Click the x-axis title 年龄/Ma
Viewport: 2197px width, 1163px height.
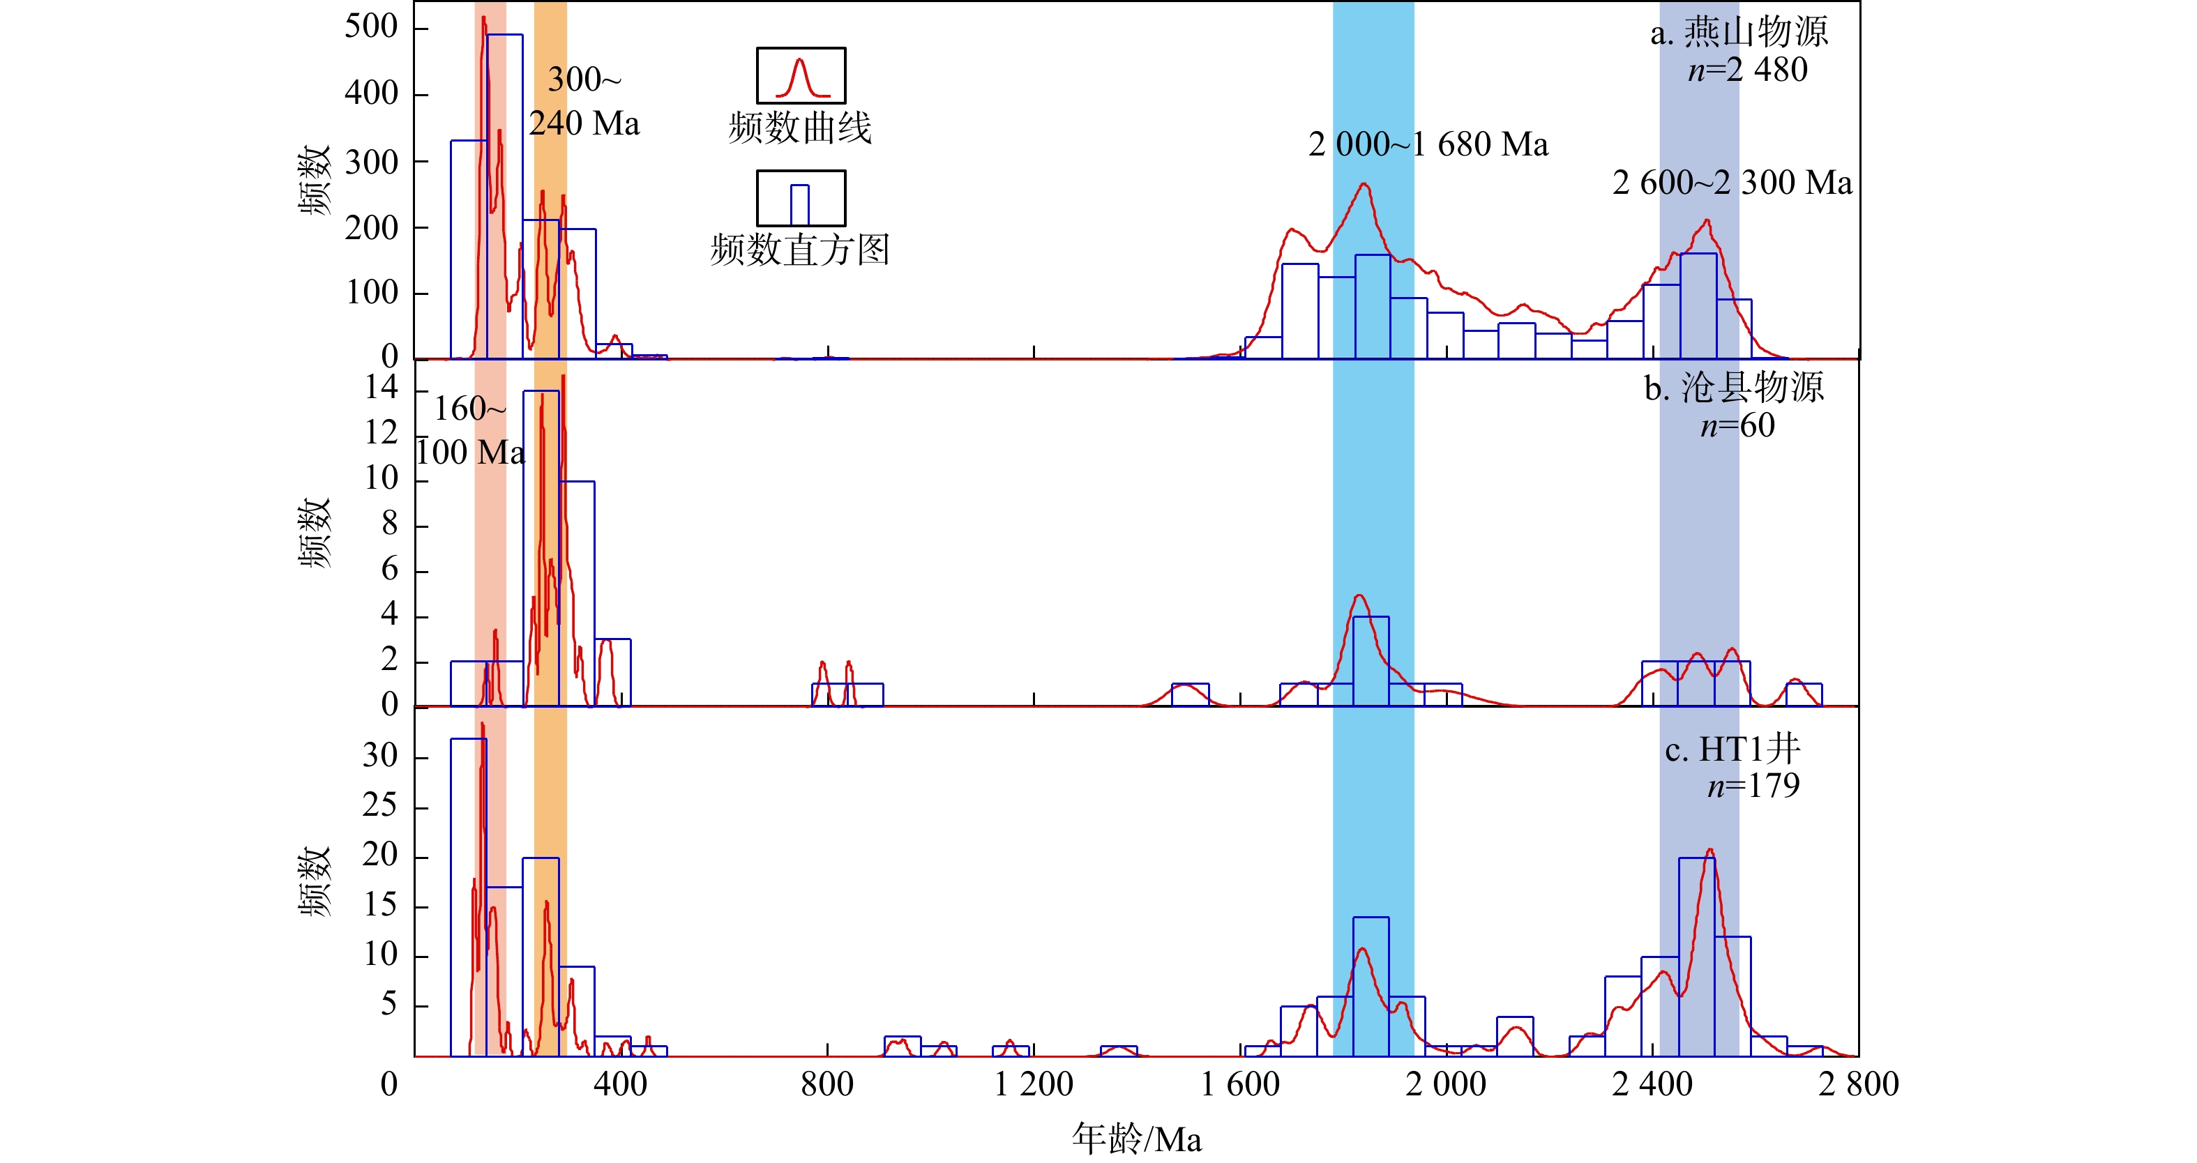tap(1136, 1139)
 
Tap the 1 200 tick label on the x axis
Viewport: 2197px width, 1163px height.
tap(1034, 1084)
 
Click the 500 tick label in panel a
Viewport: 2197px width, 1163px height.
tap(371, 26)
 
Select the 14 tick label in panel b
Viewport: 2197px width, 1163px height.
tap(382, 388)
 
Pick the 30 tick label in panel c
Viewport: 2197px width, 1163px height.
tap(379, 755)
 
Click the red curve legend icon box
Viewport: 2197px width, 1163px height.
tap(801, 76)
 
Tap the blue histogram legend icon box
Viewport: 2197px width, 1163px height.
tap(801, 198)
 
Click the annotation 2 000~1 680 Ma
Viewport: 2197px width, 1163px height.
tap(1428, 145)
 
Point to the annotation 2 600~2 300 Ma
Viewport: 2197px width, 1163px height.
tap(1732, 183)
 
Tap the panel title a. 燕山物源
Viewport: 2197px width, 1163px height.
tap(1739, 33)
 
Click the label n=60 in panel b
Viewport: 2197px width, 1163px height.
tap(1737, 425)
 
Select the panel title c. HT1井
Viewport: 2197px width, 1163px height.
tap(1732, 750)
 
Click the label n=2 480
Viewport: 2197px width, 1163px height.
tap(1748, 70)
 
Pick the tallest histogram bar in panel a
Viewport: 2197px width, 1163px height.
tap(505, 196)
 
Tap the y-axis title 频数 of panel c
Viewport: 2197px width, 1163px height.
tap(314, 881)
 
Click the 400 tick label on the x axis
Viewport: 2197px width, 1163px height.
tap(620, 1084)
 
